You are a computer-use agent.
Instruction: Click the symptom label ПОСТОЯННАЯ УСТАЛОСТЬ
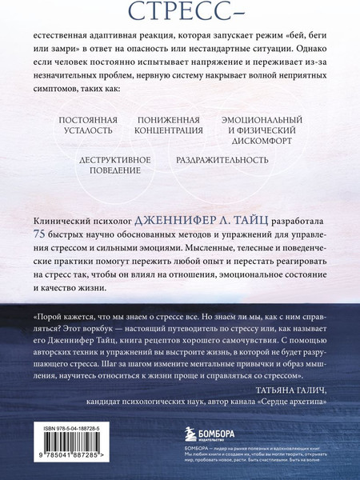88,127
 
